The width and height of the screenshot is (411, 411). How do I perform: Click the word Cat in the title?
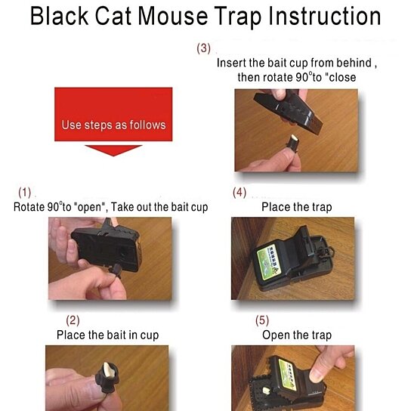[113, 17]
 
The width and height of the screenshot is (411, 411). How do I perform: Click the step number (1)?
[25, 193]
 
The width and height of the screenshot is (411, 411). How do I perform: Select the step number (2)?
[73, 320]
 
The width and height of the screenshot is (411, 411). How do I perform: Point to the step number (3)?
[204, 48]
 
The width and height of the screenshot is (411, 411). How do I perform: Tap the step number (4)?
[239, 193]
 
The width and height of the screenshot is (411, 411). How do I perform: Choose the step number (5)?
[262, 320]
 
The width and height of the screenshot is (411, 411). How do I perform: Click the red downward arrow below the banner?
[113, 150]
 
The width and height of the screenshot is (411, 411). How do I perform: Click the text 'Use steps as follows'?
[114, 125]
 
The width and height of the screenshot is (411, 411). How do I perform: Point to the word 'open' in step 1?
[90, 207]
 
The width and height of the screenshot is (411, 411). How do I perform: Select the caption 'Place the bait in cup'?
[108, 335]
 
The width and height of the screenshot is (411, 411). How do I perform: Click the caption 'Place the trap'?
[297, 207]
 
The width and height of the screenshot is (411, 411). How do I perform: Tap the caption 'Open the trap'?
[297, 335]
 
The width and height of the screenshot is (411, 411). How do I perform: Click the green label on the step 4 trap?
[269, 261]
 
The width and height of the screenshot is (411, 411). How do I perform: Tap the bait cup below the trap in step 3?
[293, 143]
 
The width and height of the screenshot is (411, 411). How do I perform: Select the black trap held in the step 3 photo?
[289, 110]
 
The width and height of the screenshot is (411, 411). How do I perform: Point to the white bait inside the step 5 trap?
[266, 391]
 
